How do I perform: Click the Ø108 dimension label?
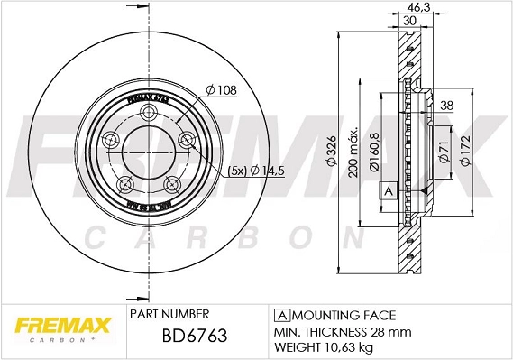pos(221,89)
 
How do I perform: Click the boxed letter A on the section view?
pos(389,191)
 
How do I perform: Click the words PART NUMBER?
pos(169,314)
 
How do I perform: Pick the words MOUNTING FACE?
pos(343,314)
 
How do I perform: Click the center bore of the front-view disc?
pos(144,153)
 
